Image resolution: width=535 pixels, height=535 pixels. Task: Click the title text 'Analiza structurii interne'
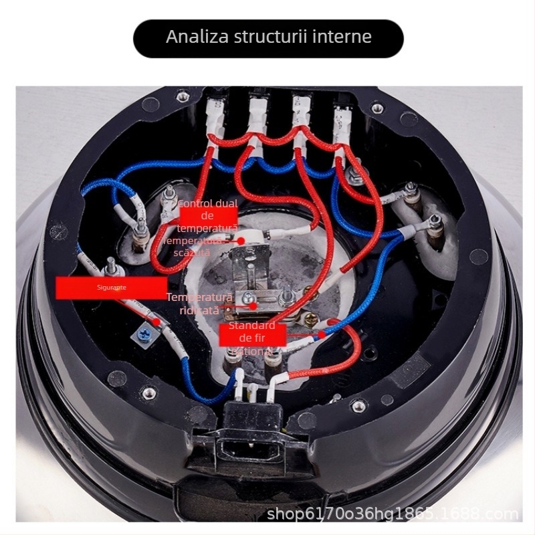[x=268, y=36]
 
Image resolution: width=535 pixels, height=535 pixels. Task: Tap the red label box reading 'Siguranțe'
[x=110, y=288]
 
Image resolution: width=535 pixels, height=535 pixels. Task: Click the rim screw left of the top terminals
[x=183, y=97]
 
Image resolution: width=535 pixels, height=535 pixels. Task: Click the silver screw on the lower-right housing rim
[x=360, y=405]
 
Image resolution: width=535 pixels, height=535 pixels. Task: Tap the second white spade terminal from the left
[x=257, y=111]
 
